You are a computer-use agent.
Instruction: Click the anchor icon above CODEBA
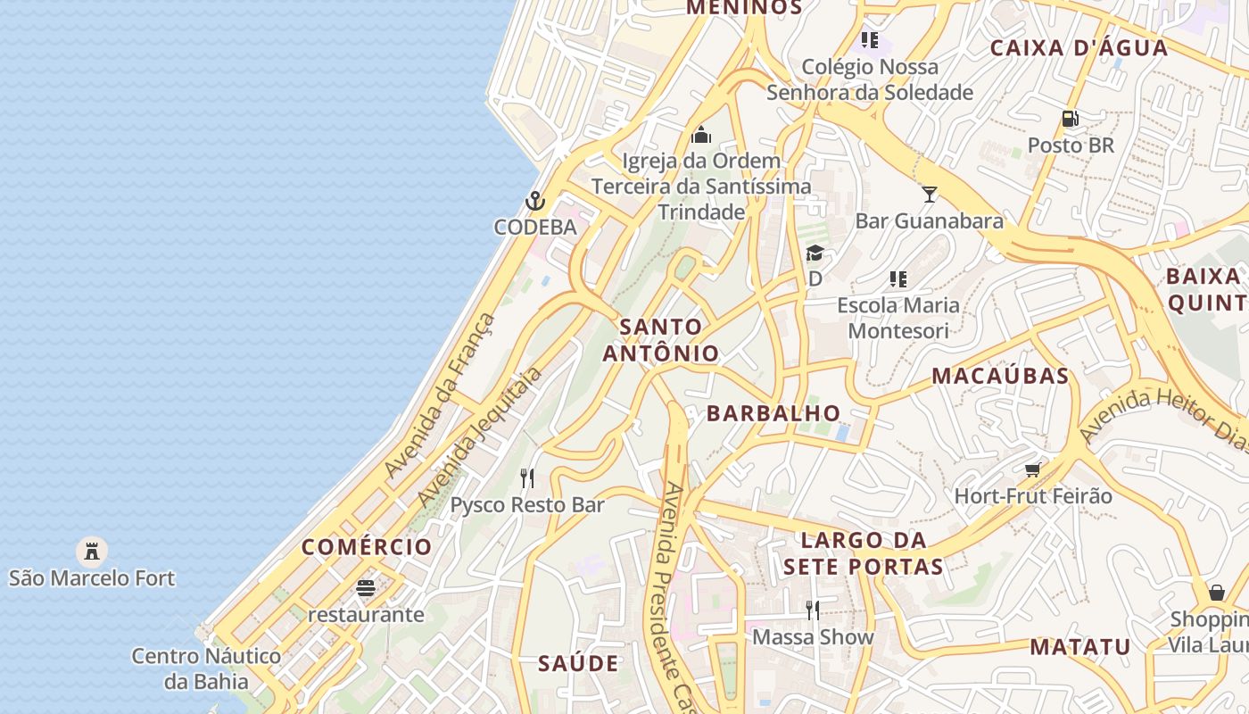pyautogui.click(x=535, y=201)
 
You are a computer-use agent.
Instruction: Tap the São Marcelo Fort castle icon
pyautogui.click(x=92, y=551)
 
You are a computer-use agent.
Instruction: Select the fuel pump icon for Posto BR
pyautogui.click(x=1070, y=119)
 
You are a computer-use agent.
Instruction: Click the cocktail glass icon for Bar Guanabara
pyautogui.click(x=930, y=194)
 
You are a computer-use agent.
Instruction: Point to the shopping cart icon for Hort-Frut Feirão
pyautogui.click(x=1033, y=469)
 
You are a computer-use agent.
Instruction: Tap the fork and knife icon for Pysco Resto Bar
pyautogui.click(x=527, y=479)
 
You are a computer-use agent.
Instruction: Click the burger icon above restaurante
pyautogui.click(x=366, y=588)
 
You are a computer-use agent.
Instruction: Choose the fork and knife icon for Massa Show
pyautogui.click(x=813, y=610)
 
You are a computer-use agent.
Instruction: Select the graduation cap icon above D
pyautogui.click(x=815, y=253)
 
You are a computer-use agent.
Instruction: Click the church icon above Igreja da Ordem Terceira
pyautogui.click(x=701, y=135)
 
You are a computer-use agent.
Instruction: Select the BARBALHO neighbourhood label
pyautogui.click(x=773, y=413)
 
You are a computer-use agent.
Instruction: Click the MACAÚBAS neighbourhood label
pyautogui.click(x=1000, y=376)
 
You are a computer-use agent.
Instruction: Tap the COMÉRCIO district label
pyautogui.click(x=367, y=547)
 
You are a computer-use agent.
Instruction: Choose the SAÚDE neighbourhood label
pyautogui.click(x=578, y=663)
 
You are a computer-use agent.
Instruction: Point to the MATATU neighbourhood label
pyautogui.click(x=1080, y=647)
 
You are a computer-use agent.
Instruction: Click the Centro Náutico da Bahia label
pyautogui.click(x=206, y=668)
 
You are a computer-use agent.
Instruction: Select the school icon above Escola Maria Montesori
pyautogui.click(x=898, y=279)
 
